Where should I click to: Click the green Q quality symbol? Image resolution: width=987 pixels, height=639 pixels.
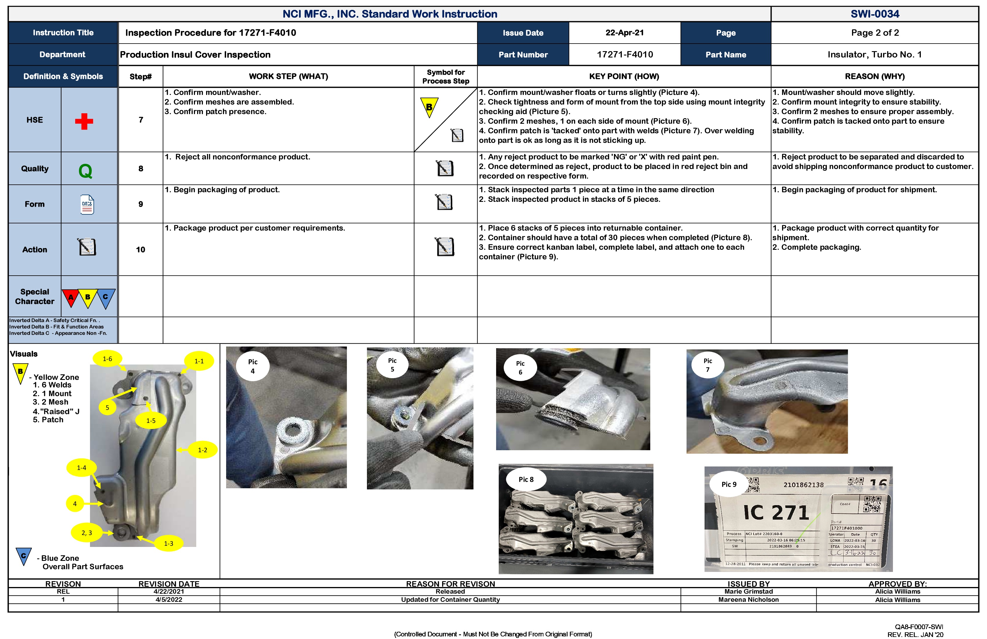[85, 170]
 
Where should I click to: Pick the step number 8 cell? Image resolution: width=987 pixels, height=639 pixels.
[141, 168]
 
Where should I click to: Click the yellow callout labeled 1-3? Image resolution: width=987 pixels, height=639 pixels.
[168, 543]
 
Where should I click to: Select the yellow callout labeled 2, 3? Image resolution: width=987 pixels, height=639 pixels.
[87, 533]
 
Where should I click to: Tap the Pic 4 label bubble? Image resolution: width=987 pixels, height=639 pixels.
[253, 366]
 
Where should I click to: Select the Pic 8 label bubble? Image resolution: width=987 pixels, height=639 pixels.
[526, 479]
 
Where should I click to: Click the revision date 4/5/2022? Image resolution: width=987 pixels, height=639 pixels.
[169, 599]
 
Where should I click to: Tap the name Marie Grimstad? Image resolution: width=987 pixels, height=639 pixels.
[749, 591]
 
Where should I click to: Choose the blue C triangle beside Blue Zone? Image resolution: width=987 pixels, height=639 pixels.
[24, 556]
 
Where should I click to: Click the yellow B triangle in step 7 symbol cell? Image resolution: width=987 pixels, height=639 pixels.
[429, 107]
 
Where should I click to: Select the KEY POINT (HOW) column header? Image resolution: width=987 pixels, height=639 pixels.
[624, 76]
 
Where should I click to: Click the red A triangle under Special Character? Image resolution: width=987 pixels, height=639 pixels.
[71, 297]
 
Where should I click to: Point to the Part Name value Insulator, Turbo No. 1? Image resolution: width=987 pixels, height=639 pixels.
[875, 54]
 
